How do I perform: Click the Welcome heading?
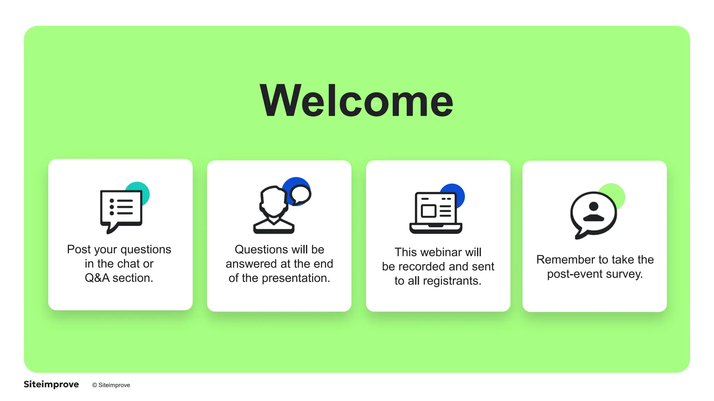tap(356, 101)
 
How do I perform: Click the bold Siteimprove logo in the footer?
tap(51, 384)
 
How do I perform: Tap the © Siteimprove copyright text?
tap(111, 385)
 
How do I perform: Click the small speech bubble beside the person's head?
tap(300, 194)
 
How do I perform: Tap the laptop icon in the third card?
tap(435, 213)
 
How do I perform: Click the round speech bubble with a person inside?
tap(593, 214)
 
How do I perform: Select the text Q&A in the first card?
tap(97, 278)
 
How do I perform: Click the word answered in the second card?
tap(251, 264)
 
